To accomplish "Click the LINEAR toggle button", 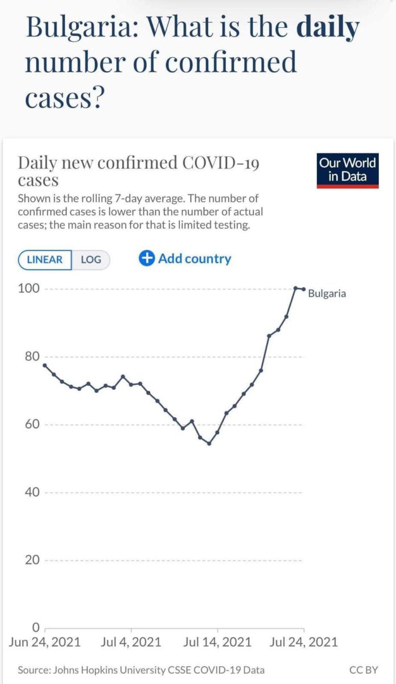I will (x=45, y=260).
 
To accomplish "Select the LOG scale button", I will (x=90, y=260).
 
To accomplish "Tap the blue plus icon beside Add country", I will (x=147, y=259).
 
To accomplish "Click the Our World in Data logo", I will (x=347, y=169).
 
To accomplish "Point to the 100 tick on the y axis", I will (x=31, y=288).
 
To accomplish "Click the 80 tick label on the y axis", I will (x=33, y=356).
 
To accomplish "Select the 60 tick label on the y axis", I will (x=33, y=424).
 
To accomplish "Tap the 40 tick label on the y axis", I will (x=33, y=492).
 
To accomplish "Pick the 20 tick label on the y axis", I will (x=33, y=560).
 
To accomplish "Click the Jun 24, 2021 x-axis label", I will (x=44, y=642).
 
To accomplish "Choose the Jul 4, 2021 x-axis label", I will (x=131, y=642).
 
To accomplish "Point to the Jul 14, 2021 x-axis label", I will (x=217, y=642).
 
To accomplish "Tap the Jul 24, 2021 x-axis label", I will (x=303, y=642).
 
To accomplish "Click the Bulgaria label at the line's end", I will (x=327, y=294).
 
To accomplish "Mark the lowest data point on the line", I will (x=209, y=443).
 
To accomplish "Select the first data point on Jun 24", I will (x=44, y=365).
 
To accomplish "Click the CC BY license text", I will (x=364, y=670).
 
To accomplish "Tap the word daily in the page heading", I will (x=329, y=28).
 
